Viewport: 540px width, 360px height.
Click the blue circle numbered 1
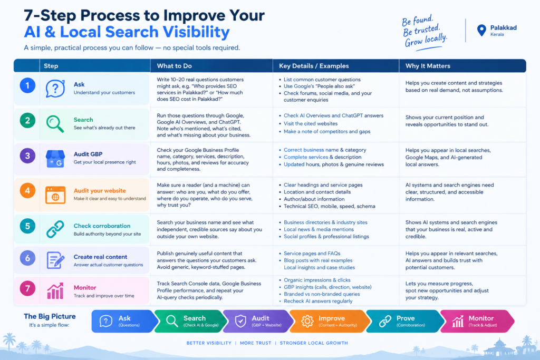pyautogui.click(x=27, y=85)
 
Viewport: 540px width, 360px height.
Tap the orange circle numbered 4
pyautogui.click(x=27, y=191)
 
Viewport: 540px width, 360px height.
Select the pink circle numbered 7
pyautogui.click(x=27, y=288)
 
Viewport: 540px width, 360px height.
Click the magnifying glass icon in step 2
pyautogui.click(x=55, y=124)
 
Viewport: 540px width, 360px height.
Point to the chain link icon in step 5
pyautogui.click(x=55, y=229)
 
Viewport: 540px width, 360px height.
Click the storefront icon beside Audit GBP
pyautogui.click(x=55, y=159)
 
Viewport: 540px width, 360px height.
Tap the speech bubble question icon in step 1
pyautogui.click(x=55, y=89)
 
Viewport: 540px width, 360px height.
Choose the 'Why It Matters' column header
pyautogui.click(x=428, y=66)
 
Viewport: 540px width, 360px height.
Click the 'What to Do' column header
pyautogui.click(x=174, y=66)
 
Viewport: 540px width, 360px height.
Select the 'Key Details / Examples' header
pyautogui.click(x=314, y=66)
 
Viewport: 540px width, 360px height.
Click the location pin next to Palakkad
pyautogui.click(x=481, y=30)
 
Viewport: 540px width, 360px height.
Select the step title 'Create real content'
pyautogui.click(x=100, y=257)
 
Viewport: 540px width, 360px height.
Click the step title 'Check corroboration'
pyautogui.click(x=102, y=226)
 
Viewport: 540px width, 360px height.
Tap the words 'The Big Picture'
pyautogui.click(x=50, y=316)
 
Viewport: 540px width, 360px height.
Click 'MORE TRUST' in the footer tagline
pyautogui.click(x=256, y=343)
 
